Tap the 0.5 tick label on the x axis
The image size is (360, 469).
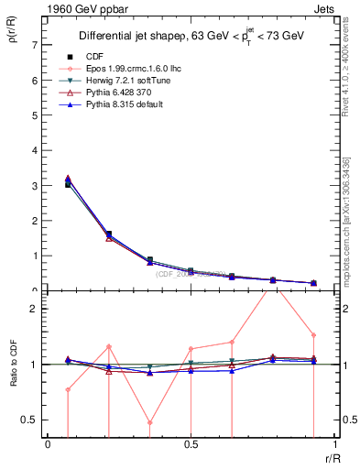click(x=191, y=444)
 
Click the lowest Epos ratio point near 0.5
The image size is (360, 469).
click(x=149, y=422)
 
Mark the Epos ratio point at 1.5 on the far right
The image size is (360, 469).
click(x=313, y=335)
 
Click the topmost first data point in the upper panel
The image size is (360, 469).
click(x=68, y=179)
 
